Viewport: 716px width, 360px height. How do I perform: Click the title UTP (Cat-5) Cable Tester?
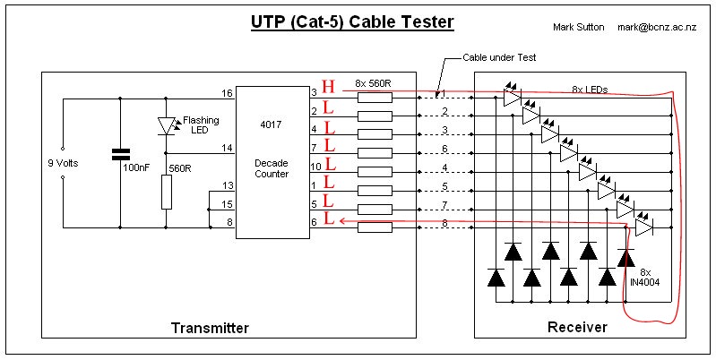click(352, 21)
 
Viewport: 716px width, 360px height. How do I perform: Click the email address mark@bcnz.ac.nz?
click(657, 27)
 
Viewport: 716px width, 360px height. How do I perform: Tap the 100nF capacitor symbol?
click(121, 154)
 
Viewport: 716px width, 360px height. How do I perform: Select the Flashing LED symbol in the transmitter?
click(166, 125)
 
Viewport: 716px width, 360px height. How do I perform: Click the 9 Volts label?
click(63, 163)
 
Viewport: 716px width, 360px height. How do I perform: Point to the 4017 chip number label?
click(272, 124)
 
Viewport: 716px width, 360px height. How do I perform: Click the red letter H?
click(328, 87)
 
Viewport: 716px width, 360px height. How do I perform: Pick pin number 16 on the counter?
click(227, 93)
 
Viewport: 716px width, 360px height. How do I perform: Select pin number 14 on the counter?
click(228, 148)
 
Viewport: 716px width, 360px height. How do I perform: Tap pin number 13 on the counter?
click(228, 185)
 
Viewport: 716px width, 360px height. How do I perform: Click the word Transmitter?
click(210, 328)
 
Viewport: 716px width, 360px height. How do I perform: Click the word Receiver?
click(577, 327)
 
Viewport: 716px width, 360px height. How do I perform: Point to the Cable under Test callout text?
click(499, 57)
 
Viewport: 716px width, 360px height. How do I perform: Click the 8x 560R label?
click(374, 83)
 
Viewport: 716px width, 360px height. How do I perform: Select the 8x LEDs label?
click(590, 90)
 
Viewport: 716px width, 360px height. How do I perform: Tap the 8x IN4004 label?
click(645, 277)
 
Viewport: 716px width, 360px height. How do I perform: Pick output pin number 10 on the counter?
click(316, 167)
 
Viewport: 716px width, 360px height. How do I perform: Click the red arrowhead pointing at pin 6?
click(342, 221)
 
